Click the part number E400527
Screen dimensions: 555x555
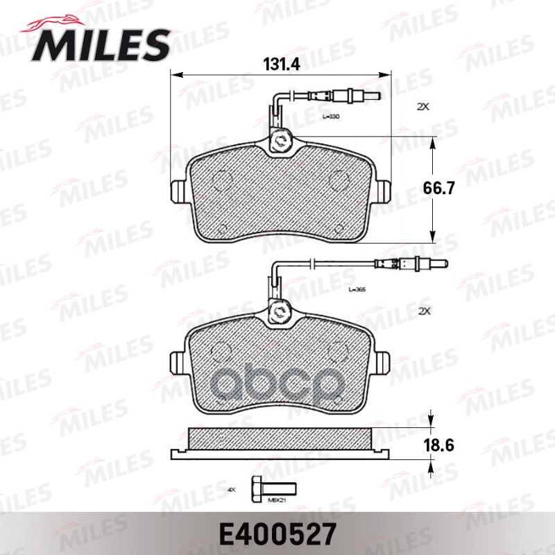[x=277, y=533]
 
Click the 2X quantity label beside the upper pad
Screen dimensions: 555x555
[x=423, y=108]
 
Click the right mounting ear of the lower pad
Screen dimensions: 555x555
[x=381, y=362]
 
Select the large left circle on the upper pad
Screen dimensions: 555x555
[x=221, y=180]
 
